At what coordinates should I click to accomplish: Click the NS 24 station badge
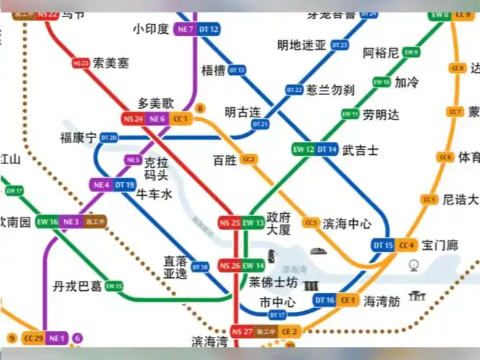(x=133, y=119)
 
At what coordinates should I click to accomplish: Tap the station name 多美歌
(x=156, y=104)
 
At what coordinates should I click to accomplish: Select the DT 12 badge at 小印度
(x=209, y=30)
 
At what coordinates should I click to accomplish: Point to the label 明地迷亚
(x=302, y=45)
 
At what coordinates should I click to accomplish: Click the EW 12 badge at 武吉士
(x=303, y=150)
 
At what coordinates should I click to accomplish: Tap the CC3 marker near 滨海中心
(x=311, y=223)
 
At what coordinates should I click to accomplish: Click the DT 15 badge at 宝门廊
(x=383, y=246)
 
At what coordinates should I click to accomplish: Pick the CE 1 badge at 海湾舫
(x=349, y=300)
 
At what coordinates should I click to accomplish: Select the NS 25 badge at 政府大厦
(x=230, y=223)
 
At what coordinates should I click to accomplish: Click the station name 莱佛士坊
(x=272, y=282)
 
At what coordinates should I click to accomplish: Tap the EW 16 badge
(x=48, y=222)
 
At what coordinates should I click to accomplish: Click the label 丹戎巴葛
(x=76, y=287)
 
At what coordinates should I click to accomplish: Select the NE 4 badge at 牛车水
(x=101, y=185)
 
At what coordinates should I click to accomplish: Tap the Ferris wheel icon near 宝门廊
(x=414, y=266)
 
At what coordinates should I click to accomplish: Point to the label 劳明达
(x=380, y=114)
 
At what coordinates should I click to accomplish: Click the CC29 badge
(x=34, y=338)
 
